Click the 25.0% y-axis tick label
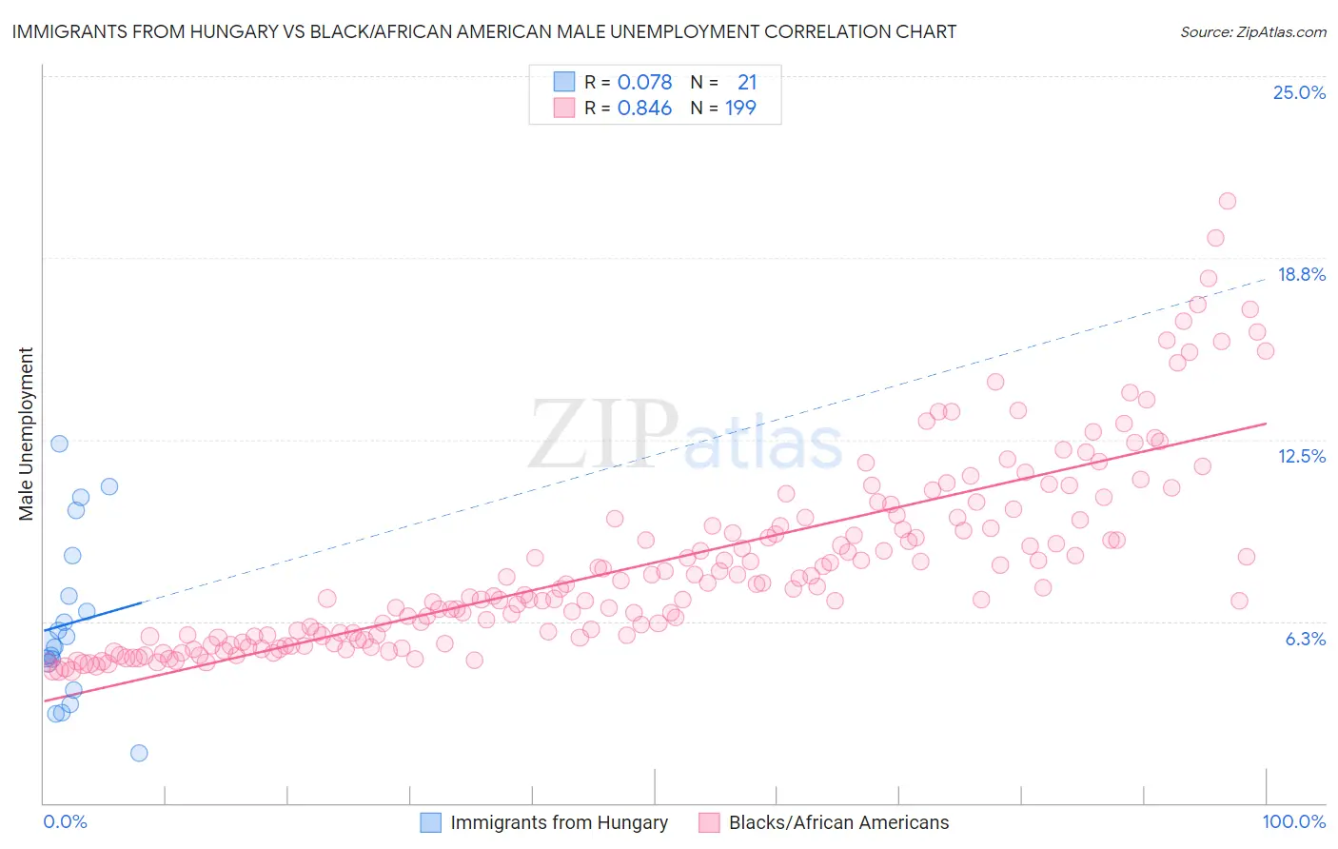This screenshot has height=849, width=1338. [x=1299, y=92]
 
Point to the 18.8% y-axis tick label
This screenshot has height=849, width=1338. [x=1301, y=274]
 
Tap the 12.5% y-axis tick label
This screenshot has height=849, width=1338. [x=1301, y=456]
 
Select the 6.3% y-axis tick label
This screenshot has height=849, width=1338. [x=1305, y=639]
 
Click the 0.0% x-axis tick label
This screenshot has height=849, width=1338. [x=65, y=821]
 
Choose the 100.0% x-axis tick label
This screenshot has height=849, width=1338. [x=1293, y=821]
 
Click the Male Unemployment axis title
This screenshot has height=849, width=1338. [x=26, y=434]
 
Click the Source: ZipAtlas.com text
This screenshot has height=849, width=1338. [x=1252, y=31]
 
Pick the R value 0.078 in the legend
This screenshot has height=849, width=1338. [x=644, y=82]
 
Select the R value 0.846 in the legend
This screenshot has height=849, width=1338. [x=644, y=108]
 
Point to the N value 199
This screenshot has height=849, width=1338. [x=740, y=108]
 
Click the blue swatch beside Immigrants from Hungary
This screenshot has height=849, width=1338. [x=431, y=822]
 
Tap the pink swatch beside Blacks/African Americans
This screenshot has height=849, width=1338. [x=709, y=822]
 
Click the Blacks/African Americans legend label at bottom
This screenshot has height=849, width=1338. [x=838, y=822]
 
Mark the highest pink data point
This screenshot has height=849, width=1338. [x=1227, y=201]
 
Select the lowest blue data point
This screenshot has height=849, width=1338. [x=139, y=753]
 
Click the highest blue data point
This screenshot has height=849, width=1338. [x=59, y=444]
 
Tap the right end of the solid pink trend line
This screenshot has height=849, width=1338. [x=1266, y=424]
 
